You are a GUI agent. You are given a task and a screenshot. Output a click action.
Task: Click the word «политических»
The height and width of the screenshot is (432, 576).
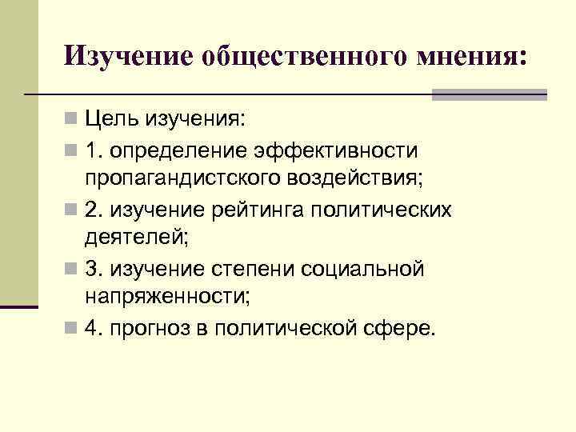tap(394, 210)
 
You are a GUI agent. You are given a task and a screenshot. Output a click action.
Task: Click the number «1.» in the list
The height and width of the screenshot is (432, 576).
tap(94, 150)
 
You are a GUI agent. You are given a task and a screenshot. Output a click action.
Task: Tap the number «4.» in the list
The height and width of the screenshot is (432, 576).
tap(94, 329)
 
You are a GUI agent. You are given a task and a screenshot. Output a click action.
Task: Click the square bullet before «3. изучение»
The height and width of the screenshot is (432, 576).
tap(73, 270)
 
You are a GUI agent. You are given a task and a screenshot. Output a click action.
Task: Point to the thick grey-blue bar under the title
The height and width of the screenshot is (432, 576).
tap(489, 94)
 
